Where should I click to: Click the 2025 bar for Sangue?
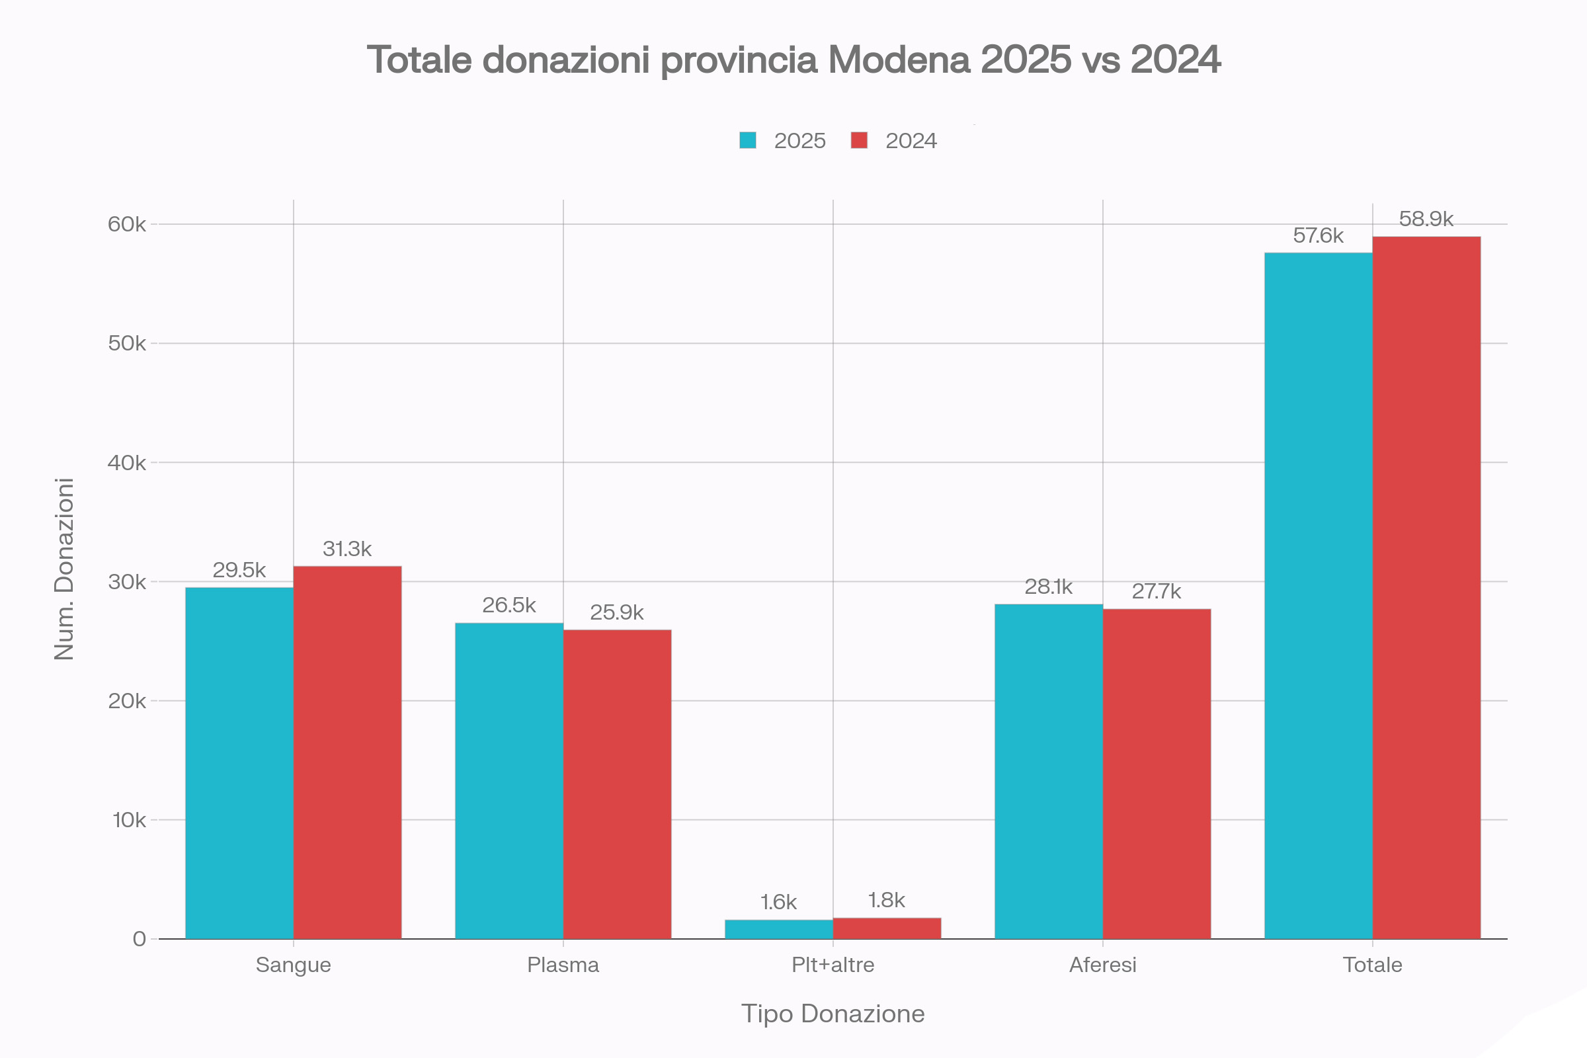click(x=239, y=762)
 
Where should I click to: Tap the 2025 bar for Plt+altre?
click(x=779, y=929)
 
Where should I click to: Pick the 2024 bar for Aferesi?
click(x=1157, y=773)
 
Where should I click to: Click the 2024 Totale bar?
click(x=1426, y=587)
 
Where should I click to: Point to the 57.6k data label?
click(x=1318, y=235)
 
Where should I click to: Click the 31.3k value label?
click(x=346, y=549)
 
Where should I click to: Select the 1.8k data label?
click(x=886, y=900)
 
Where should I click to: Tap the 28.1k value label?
click(x=1048, y=587)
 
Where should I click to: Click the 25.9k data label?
click(x=617, y=612)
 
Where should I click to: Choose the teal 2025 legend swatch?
click(x=748, y=140)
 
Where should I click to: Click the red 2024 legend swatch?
click(x=859, y=140)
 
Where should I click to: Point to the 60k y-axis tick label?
click(x=127, y=224)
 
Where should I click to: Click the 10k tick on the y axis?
click(x=129, y=820)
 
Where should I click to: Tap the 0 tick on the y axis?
click(x=139, y=938)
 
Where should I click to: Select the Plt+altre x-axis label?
click(x=833, y=965)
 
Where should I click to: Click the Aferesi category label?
click(x=1102, y=965)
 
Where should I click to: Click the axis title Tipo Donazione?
click(x=833, y=1014)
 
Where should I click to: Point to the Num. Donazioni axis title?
click(x=64, y=569)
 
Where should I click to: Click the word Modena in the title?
click(x=899, y=60)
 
